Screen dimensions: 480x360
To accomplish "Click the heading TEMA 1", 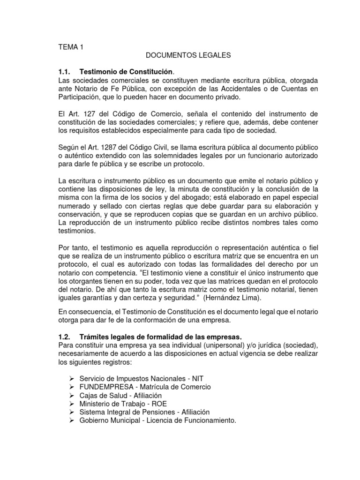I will [x=70, y=47].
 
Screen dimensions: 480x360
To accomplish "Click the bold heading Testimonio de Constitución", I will [x=127, y=72].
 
